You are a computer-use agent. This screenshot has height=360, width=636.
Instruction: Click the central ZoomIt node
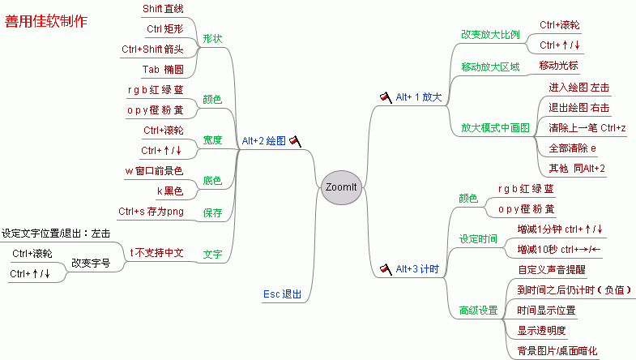[341, 187]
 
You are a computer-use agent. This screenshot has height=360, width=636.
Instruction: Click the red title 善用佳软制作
[46, 21]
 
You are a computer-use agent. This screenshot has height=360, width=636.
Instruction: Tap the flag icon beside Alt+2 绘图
[295, 141]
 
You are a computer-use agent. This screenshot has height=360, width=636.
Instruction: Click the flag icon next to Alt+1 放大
[386, 97]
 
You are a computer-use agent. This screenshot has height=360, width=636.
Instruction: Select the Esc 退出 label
[282, 294]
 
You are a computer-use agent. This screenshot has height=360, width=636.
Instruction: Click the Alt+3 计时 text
[417, 268]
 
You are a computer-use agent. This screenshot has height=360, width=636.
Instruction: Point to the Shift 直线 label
[163, 9]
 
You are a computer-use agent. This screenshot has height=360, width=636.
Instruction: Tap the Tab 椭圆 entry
[163, 70]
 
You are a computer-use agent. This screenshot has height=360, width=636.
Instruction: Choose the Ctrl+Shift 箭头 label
[152, 49]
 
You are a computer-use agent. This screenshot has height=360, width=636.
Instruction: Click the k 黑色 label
[170, 191]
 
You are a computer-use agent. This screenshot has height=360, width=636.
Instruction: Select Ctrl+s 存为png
[151, 212]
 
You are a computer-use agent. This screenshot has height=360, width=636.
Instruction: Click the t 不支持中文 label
[156, 253]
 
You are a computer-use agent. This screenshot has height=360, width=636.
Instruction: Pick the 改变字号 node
[91, 263]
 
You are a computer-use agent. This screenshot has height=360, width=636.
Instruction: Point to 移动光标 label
[558, 66]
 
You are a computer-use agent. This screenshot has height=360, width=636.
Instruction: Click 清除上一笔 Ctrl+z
[587, 128]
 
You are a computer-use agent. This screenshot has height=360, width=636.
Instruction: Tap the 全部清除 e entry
[572, 148]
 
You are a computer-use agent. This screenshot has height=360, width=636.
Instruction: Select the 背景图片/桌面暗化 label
[557, 350]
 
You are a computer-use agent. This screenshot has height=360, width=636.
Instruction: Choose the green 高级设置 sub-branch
[478, 311]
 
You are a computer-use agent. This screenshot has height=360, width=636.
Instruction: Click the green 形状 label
[212, 39]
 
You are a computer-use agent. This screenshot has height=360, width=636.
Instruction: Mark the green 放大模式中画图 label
[495, 128]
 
